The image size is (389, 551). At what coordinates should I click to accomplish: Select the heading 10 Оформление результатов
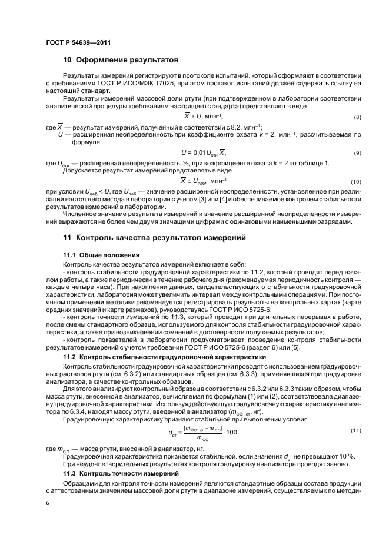(x=120, y=61)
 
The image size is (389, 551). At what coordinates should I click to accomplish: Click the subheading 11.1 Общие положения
(x=101, y=255)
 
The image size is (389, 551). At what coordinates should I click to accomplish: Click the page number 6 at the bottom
(x=47, y=505)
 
